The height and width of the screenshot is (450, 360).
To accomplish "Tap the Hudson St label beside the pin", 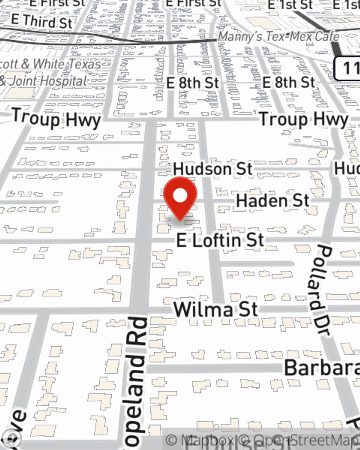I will [212, 169].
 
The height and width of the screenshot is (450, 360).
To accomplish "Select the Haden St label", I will [273, 201].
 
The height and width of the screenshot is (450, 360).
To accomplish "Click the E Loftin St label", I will [220, 240].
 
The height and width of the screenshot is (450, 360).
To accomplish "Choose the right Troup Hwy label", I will [303, 119].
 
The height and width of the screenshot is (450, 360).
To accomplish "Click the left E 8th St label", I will [193, 83].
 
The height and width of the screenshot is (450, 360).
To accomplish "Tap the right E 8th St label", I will [289, 82].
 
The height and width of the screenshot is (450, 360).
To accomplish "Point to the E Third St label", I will [42, 22].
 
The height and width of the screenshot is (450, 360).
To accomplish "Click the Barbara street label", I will [321, 368].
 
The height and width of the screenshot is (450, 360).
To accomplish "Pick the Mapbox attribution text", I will [200, 440].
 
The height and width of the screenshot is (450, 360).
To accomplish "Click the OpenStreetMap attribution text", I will [302, 440].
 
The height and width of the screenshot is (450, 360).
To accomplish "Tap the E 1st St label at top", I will [290, 5].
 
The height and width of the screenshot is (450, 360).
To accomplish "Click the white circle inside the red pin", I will [180, 196].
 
